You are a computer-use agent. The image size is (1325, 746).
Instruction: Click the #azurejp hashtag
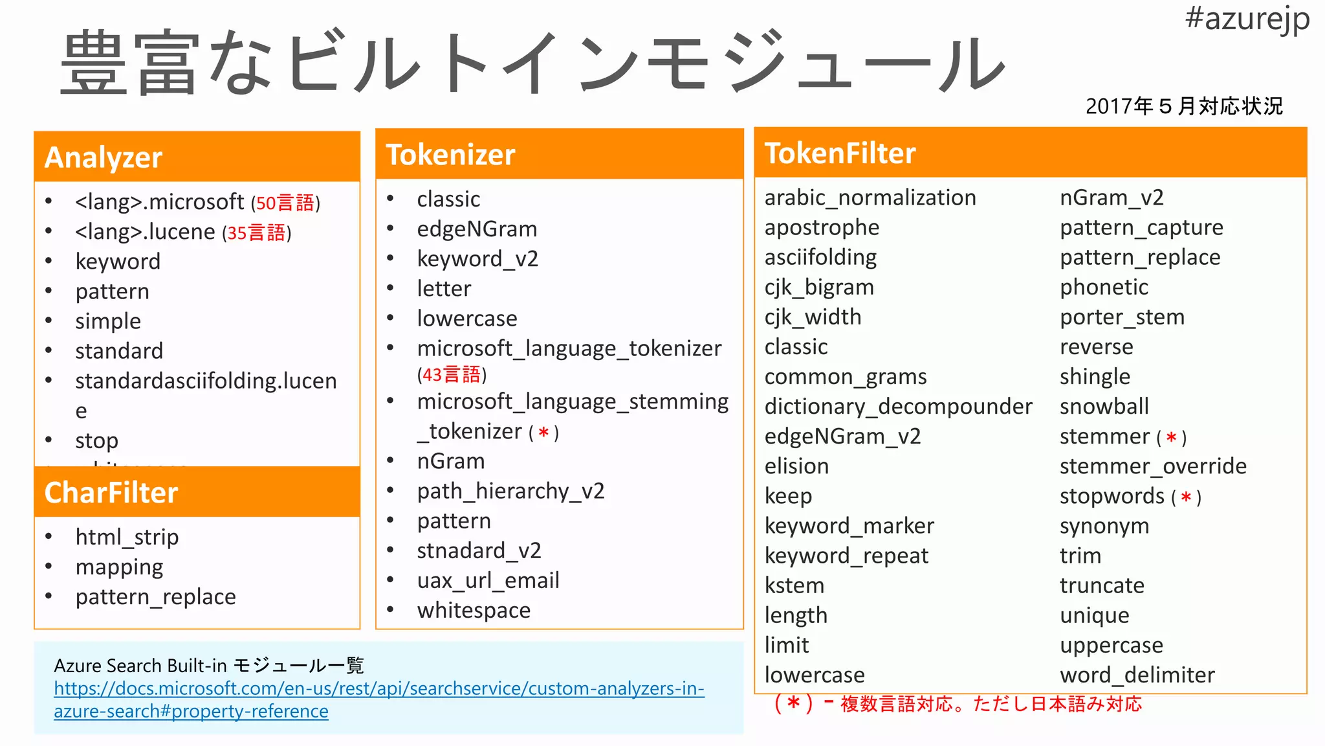1247,19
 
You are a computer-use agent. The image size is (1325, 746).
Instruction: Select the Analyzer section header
104,157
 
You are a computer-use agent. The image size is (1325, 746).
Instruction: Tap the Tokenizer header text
450,155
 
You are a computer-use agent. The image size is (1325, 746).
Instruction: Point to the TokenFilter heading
840,153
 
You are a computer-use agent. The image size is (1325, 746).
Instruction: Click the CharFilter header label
111,493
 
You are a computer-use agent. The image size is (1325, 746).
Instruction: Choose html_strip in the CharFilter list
127,537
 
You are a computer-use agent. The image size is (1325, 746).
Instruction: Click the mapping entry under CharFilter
119,567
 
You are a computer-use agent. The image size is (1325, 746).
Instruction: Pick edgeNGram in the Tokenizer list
477,229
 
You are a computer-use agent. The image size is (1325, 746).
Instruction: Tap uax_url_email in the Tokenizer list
488,581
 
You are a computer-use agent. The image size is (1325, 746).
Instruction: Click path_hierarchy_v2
510,491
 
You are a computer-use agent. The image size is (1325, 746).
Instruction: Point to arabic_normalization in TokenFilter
870,198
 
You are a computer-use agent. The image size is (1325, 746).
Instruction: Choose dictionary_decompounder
898,407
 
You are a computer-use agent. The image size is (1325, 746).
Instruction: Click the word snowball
1104,407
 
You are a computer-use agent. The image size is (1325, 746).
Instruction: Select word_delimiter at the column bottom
1137,675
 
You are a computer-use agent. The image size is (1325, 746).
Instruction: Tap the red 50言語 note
285,203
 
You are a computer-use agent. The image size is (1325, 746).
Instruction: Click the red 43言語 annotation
452,375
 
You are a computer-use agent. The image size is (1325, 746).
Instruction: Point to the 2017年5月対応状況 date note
1184,106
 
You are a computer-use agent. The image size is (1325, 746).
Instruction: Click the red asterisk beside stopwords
1186,497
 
